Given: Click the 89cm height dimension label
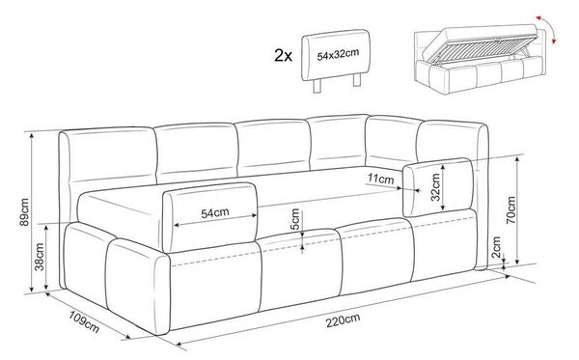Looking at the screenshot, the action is point(24,212).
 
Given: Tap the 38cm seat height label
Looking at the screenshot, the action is point(40,257).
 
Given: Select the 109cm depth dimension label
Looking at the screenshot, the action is point(84,321).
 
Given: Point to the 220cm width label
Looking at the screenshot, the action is point(343,320).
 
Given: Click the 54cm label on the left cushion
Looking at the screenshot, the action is point(215,213).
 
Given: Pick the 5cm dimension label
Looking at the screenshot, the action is point(295,219).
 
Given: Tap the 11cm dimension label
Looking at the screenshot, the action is point(381,180).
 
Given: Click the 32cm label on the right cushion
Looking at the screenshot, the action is point(436,187).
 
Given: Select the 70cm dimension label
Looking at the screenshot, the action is point(510,210).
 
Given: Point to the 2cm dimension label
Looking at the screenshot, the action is point(496,247).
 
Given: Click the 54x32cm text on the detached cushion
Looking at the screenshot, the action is point(338,55).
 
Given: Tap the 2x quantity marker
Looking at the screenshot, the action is point(283,56).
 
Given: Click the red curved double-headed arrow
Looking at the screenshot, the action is point(547,29).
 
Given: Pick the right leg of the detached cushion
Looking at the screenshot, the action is point(357,80).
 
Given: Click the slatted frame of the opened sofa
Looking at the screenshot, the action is point(482,48).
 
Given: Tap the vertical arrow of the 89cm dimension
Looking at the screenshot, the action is point(32,212).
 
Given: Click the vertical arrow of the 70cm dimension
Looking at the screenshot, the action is point(517,210).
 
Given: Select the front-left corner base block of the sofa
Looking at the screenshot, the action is point(137,286).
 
